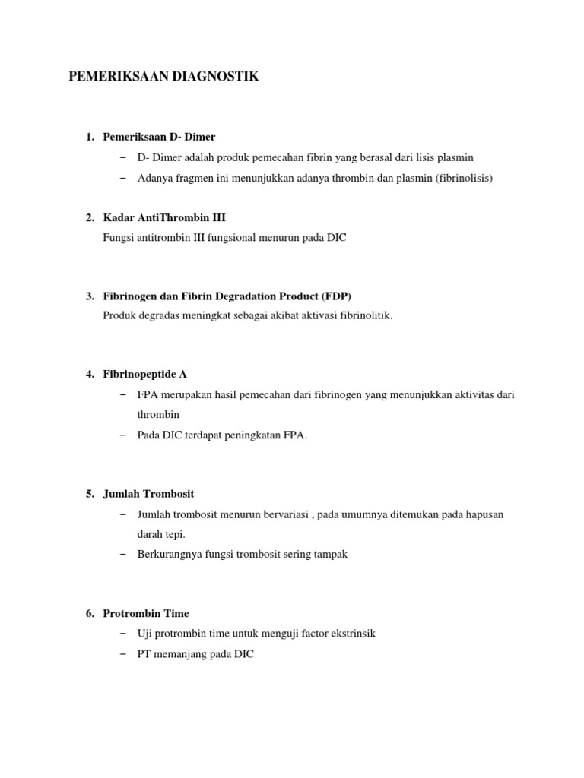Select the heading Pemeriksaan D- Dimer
(x=159, y=137)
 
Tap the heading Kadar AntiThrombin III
(x=164, y=217)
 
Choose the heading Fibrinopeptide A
(x=145, y=374)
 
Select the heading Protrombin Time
(x=146, y=613)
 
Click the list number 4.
(x=89, y=374)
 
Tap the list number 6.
(x=89, y=613)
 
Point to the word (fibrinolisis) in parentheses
(x=465, y=178)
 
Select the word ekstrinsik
(x=354, y=633)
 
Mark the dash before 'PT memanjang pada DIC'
(x=123, y=653)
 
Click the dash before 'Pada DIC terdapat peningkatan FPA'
(x=123, y=435)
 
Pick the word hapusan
(x=484, y=514)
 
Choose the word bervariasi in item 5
(x=284, y=514)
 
